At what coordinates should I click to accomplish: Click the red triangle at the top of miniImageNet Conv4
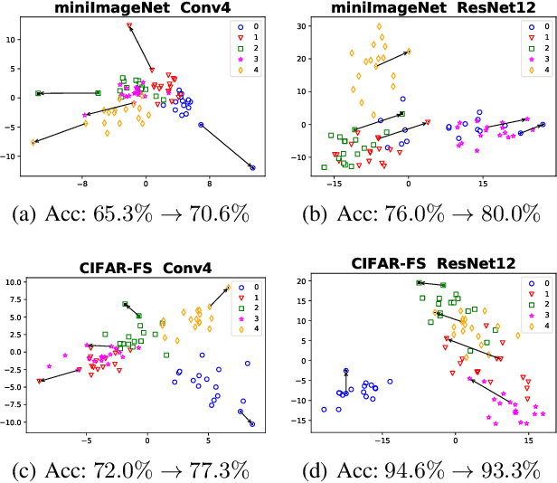tap(129, 25)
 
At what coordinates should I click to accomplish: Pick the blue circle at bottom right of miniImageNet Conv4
tap(252, 167)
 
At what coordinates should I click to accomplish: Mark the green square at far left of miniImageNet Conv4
tap(39, 93)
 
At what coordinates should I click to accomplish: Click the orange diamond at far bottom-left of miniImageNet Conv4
tap(33, 142)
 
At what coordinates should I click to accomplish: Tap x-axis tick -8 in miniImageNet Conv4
tap(82, 183)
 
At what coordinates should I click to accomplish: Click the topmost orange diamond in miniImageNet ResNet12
tap(379, 26)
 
